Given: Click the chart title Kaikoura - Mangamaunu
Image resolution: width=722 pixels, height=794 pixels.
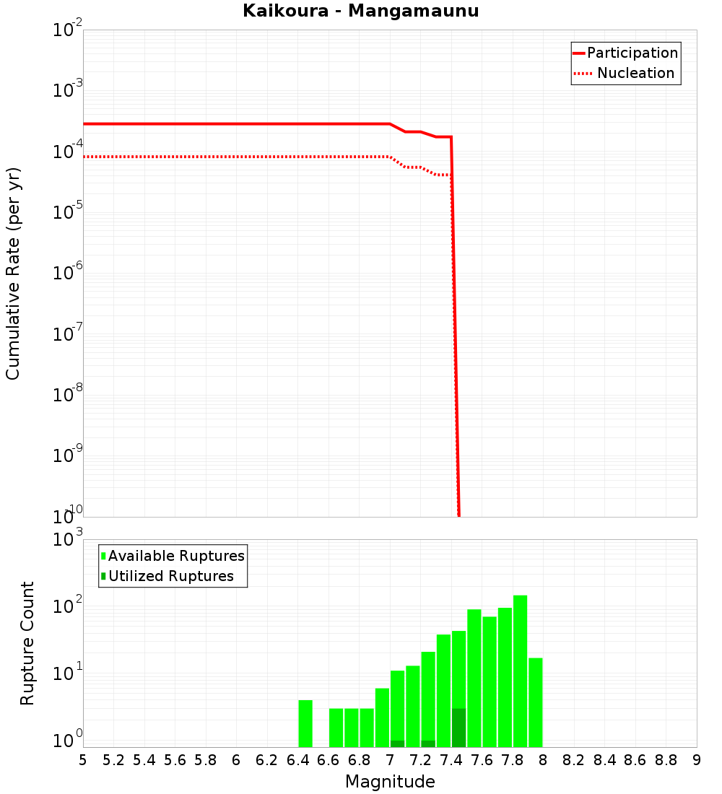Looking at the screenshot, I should coord(360,12).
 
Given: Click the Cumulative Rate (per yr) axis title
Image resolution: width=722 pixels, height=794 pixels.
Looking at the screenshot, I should coord(13,274).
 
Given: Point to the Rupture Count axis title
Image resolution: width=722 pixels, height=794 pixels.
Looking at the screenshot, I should coord(27,643).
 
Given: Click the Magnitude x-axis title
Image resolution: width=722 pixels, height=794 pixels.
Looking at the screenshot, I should coord(390,782).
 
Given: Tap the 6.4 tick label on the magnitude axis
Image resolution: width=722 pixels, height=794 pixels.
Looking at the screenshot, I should coord(297,760).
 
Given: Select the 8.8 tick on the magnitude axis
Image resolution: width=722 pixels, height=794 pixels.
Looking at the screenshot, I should coord(666,760).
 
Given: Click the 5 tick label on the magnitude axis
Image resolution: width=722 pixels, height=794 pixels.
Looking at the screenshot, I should coord(83,760).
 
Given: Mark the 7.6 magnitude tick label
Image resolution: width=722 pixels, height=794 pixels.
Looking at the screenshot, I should coord(482,760).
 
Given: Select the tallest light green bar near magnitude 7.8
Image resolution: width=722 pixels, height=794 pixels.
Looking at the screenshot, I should coord(520,671).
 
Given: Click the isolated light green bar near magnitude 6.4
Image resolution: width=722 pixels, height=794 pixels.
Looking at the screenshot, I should coord(305,723).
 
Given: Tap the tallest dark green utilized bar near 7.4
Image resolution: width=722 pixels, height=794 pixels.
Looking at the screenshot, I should coord(458,728).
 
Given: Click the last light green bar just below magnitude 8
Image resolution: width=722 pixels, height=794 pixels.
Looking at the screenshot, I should coord(535,702).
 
